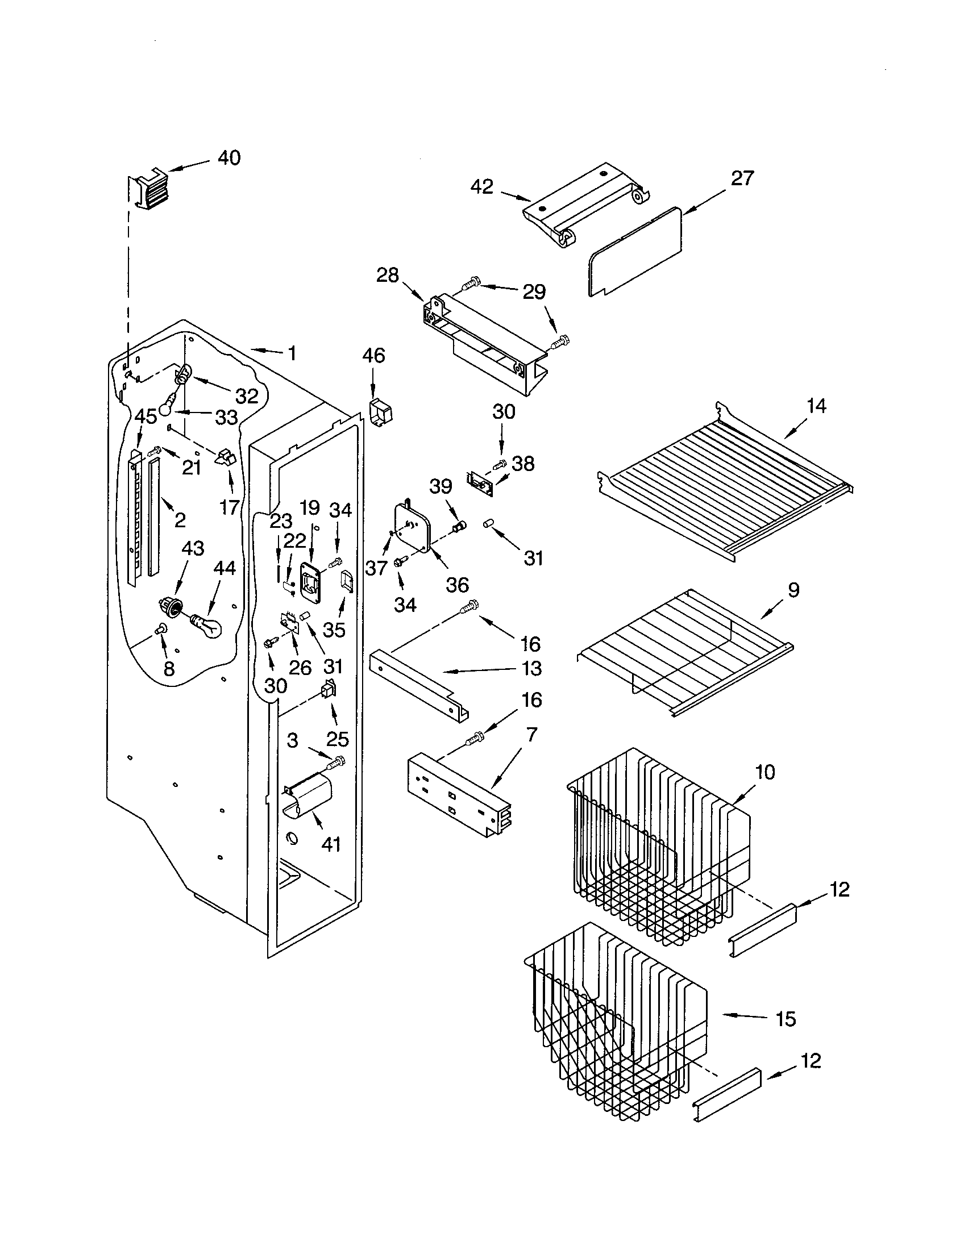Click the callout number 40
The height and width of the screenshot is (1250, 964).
coord(229,157)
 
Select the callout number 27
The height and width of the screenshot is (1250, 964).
coord(742,178)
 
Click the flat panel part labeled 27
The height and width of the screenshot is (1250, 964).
coord(635,252)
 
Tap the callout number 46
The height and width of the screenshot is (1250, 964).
coord(373,356)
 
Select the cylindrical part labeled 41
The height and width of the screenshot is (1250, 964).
coord(306,795)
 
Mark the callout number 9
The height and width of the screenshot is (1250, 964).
coord(793,590)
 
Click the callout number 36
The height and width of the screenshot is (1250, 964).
coord(458,585)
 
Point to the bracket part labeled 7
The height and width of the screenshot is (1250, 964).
coord(458,795)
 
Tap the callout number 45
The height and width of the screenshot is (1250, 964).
coord(146,416)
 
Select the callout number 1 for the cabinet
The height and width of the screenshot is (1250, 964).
coord(292,354)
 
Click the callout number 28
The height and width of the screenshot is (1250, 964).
coord(388,276)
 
